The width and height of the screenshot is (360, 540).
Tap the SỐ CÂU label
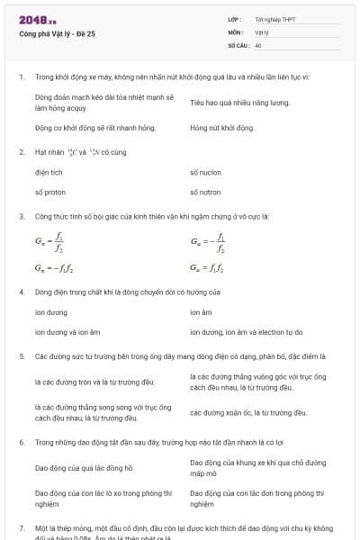[x=238, y=44]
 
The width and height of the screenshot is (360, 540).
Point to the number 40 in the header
[x=258, y=44]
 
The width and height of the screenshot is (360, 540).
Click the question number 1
[x=21, y=76]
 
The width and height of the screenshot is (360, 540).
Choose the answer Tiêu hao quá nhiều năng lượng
[x=239, y=103]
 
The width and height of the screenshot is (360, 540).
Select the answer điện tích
[x=49, y=171]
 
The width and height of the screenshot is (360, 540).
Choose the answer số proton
[x=50, y=192]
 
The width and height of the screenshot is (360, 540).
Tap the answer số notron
[x=206, y=192]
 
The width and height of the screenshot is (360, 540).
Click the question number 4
[x=21, y=292]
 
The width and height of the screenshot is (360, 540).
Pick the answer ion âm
[x=201, y=312]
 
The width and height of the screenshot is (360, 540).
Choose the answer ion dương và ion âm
[x=67, y=332]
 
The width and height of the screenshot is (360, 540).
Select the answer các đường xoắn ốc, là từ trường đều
[x=248, y=412]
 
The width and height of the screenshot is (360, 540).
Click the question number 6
[x=21, y=443]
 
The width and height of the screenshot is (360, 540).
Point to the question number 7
[x=21, y=527]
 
